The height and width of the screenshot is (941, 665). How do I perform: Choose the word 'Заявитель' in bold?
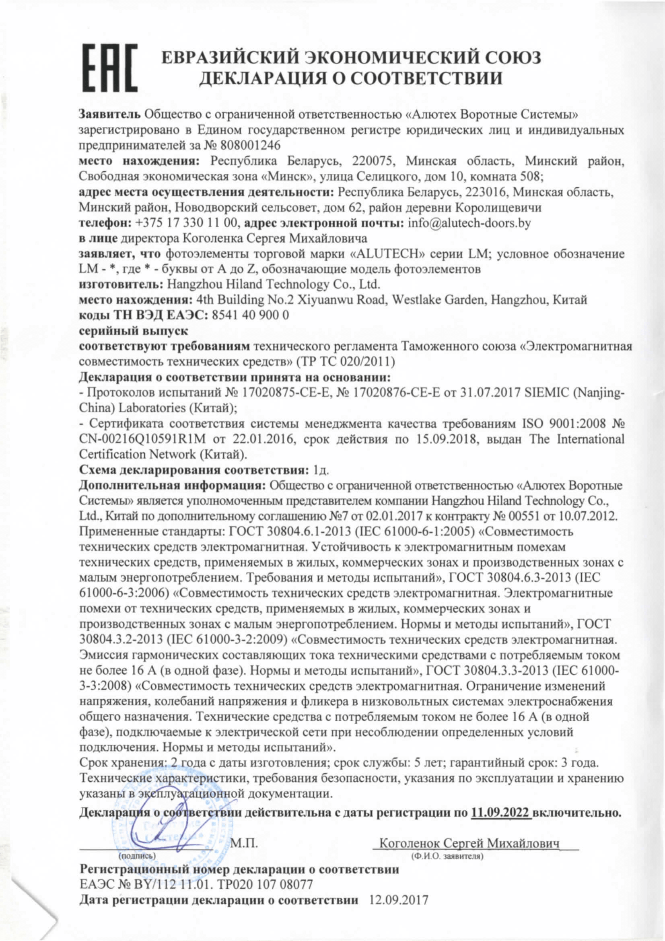(110, 114)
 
